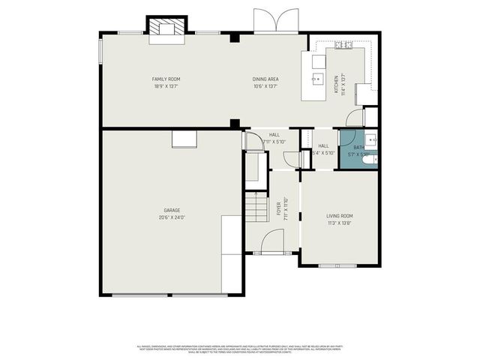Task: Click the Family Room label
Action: (166, 79)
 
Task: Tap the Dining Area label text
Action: (265, 79)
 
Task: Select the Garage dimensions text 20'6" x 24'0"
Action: (172, 217)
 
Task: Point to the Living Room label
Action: (340, 216)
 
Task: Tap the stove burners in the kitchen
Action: (344, 45)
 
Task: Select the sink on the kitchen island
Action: (318, 76)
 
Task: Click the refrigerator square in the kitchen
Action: (366, 94)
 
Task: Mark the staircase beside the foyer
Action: (256, 208)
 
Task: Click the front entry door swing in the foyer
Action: (271, 241)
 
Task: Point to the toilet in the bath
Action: (367, 158)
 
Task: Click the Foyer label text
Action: (278, 207)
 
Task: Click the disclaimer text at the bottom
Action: (240, 348)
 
